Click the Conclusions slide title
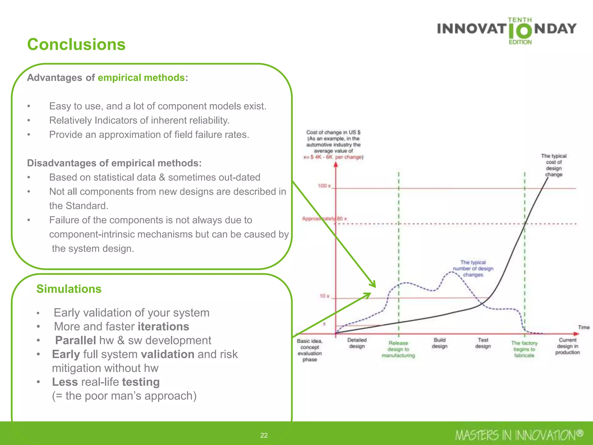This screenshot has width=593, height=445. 76,45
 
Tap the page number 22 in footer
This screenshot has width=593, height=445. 264,435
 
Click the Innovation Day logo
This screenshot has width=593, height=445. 507,30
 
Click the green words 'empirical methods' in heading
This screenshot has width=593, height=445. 141,78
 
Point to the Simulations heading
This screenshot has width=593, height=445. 69,289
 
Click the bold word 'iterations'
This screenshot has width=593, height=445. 164,327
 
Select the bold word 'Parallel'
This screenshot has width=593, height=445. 76,340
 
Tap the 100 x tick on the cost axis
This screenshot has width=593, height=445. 324,186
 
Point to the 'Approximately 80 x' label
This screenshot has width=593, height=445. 324,218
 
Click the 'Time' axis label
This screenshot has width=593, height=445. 583,327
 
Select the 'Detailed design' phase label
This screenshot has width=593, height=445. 357,343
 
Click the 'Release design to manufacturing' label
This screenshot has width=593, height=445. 398,349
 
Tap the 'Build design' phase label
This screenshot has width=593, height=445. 440,343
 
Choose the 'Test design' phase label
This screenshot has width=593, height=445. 483,343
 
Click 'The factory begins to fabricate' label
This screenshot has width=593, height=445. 524,349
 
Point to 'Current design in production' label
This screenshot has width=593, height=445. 568,346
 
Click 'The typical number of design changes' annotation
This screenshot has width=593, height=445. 473,268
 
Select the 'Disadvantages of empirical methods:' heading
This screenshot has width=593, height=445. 114,163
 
